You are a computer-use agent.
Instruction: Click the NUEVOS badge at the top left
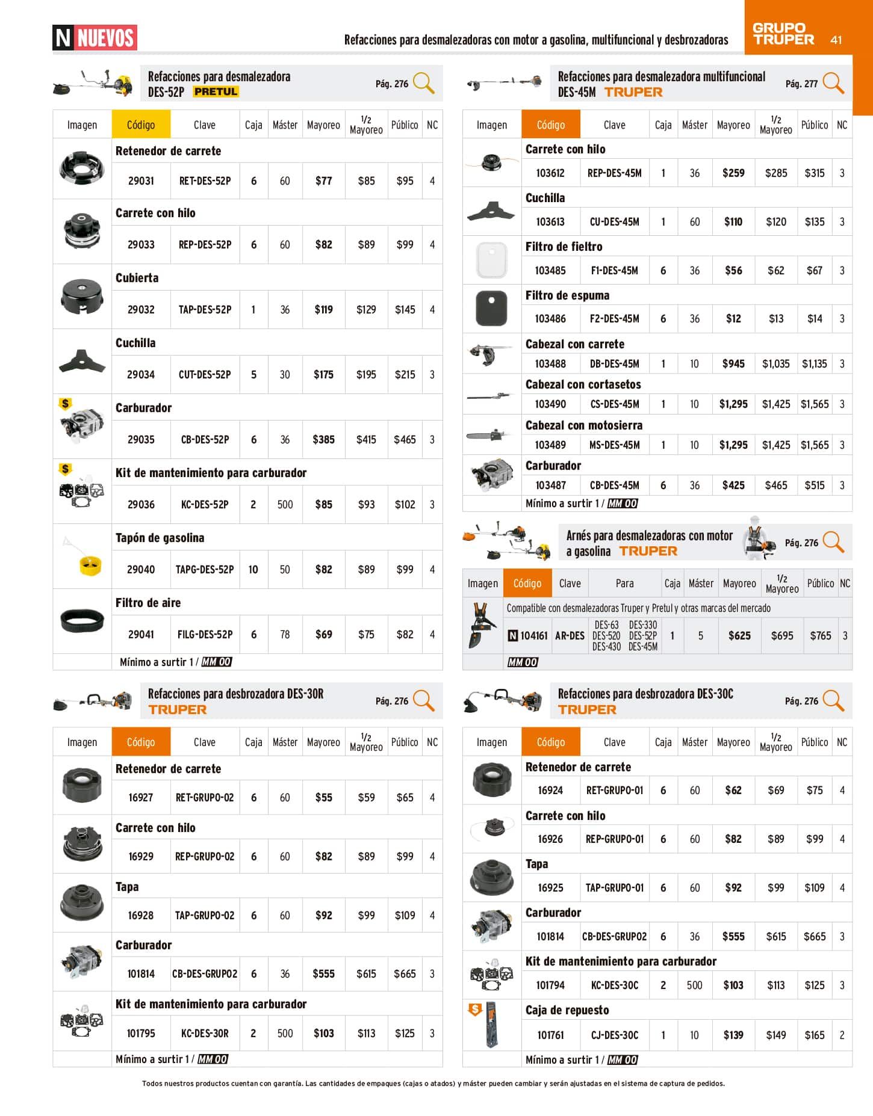click(x=95, y=38)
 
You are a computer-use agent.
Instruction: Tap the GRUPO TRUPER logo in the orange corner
click(x=783, y=34)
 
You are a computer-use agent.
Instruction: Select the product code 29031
click(x=141, y=180)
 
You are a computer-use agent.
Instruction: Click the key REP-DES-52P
click(x=205, y=245)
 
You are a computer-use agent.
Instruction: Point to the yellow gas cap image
click(x=90, y=565)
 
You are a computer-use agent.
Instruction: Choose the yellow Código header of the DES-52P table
click(x=141, y=125)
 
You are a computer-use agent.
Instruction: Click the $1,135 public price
click(x=814, y=364)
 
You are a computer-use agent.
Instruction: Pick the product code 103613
click(x=550, y=222)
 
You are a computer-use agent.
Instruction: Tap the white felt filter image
click(x=491, y=260)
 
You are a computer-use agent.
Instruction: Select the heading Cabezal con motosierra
click(x=583, y=425)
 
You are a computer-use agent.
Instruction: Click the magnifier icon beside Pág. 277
click(x=833, y=82)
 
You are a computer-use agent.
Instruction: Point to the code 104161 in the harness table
click(x=533, y=636)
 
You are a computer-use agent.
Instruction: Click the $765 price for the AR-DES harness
click(x=820, y=636)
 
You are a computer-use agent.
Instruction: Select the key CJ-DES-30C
click(x=614, y=1035)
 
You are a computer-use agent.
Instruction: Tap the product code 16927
click(x=141, y=798)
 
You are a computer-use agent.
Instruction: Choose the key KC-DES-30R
click(x=205, y=1033)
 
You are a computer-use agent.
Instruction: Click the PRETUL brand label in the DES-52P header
click(x=216, y=91)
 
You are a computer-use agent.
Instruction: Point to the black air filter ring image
click(x=82, y=619)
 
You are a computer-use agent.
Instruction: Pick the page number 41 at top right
click(x=836, y=40)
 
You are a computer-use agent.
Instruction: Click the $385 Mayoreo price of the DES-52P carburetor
click(x=323, y=440)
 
